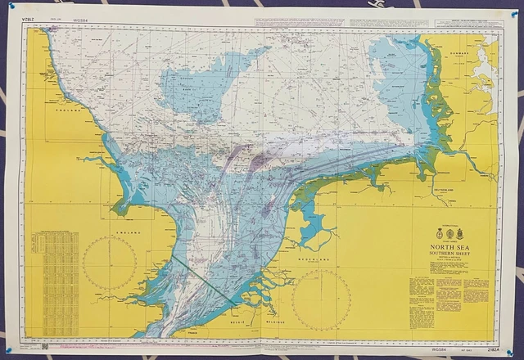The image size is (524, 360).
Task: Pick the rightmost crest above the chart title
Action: [463, 230]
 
